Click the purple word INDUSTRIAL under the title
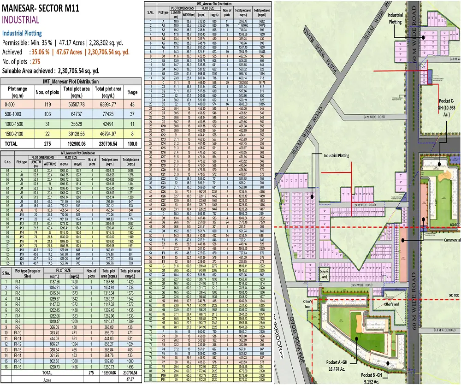click(x=21, y=20)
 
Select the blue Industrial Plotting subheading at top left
click(x=22, y=34)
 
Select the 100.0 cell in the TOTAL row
click(x=132, y=144)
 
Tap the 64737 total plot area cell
click(x=76, y=114)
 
